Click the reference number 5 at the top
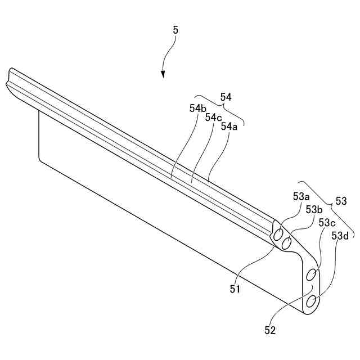[x=175, y=30]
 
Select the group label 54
[x=226, y=97]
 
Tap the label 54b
[x=197, y=109]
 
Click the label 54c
[x=214, y=118]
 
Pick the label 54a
[x=229, y=127]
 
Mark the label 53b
[x=314, y=209]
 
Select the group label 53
[x=341, y=200]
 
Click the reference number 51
[x=235, y=290]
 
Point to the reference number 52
[x=270, y=331]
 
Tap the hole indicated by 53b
[x=287, y=244]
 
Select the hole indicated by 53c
[x=311, y=276]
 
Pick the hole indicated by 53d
[x=311, y=302]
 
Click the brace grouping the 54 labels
[x=219, y=106]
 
